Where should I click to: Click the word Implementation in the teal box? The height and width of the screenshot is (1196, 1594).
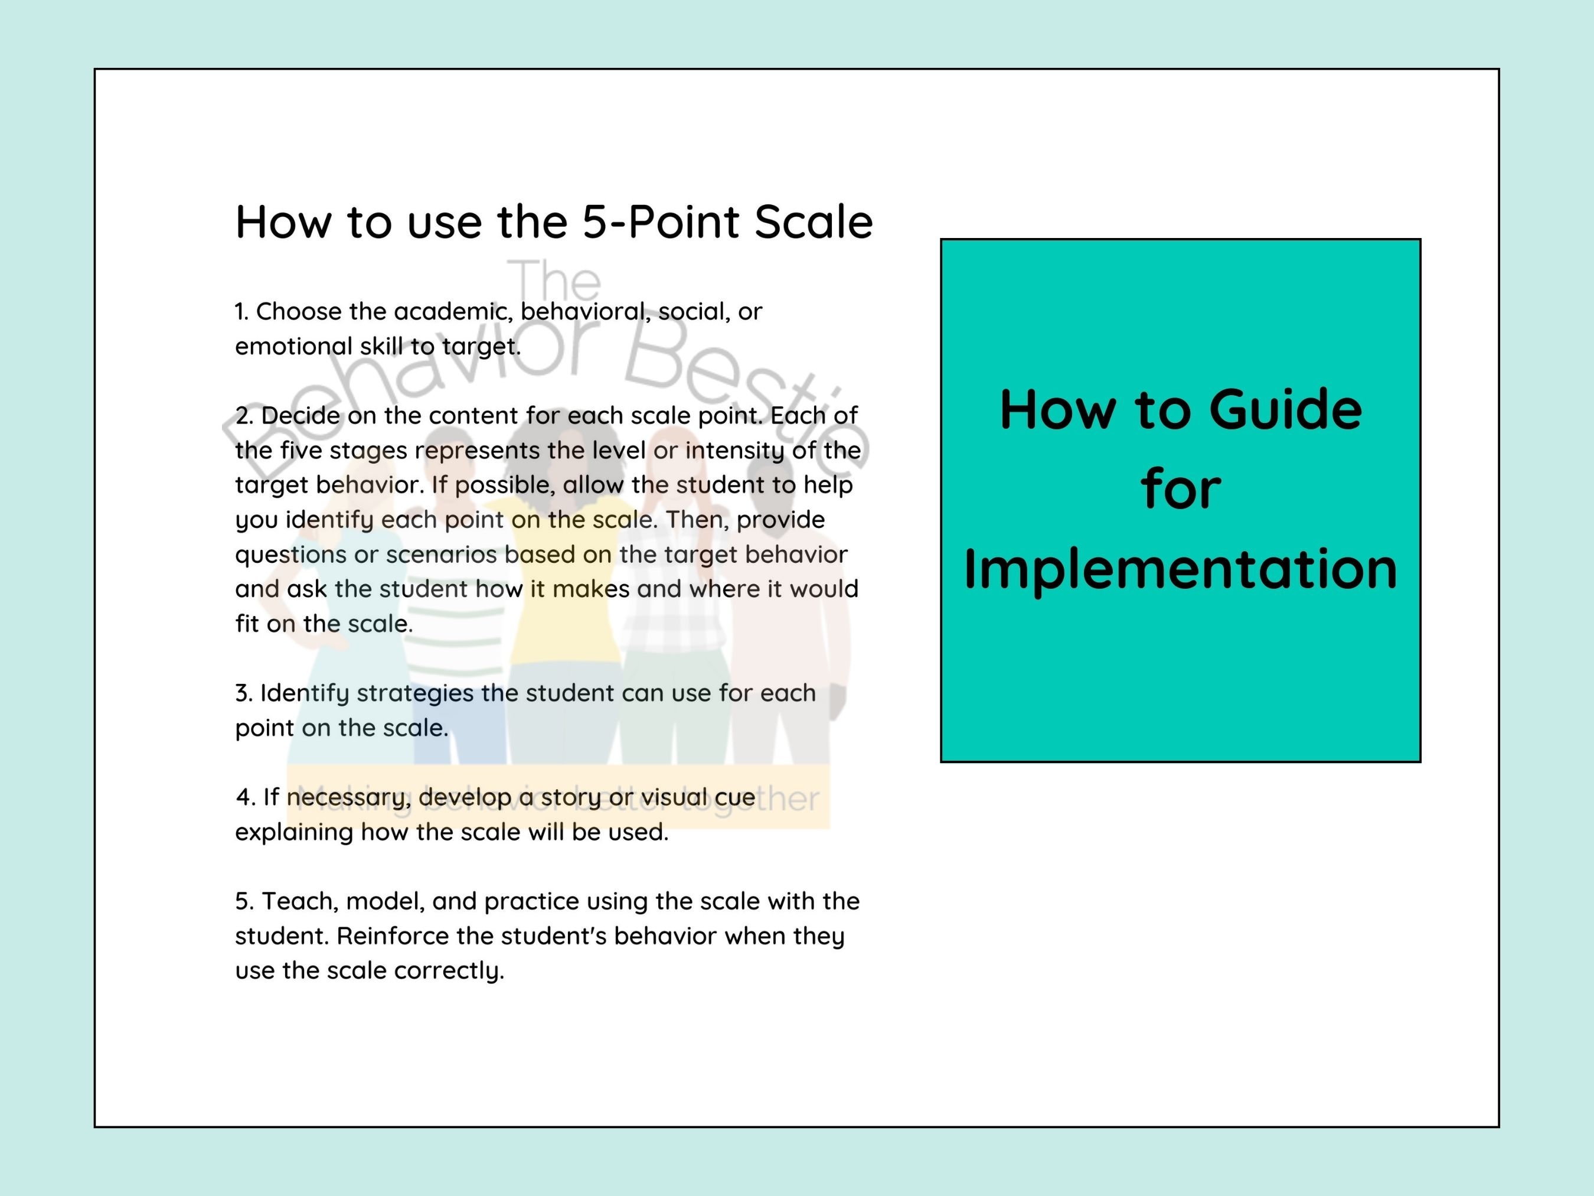coord(1180,569)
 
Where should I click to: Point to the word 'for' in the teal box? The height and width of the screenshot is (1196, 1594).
coord(1180,490)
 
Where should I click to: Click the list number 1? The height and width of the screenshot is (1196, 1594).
coord(241,311)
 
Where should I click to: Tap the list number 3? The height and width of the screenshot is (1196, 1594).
coord(243,693)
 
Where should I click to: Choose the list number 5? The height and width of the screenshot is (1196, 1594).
coord(243,901)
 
